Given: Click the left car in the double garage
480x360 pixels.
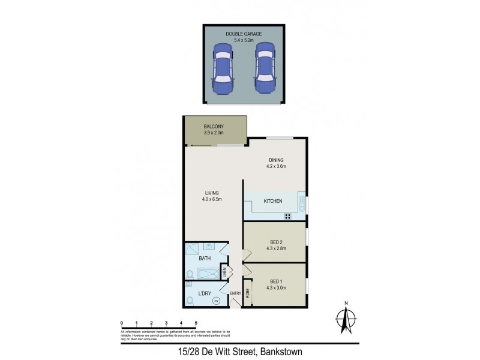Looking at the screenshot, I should coord(222,67).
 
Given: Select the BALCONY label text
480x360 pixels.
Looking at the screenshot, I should coord(214,126).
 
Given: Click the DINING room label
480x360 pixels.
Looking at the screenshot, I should coord(277,160).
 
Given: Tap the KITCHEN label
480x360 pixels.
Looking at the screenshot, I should coord(273,201).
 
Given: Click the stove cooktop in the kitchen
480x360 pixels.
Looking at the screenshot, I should coord(288,217).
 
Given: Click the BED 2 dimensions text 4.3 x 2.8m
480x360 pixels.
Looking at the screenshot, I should coord(277,248).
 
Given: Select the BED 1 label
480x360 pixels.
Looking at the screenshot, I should coord(277,281).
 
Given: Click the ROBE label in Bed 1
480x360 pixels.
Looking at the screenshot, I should coord(247,293).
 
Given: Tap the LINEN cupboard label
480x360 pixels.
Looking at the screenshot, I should coord(223,272).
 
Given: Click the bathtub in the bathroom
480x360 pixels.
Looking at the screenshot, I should coord(208,273).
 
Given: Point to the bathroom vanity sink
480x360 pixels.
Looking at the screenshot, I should coord(209,245).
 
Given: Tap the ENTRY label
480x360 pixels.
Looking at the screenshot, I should coord(235,293).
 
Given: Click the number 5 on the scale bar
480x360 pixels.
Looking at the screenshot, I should coord(196,323).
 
